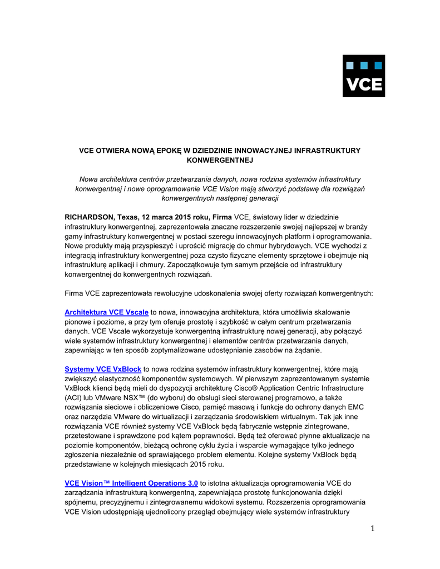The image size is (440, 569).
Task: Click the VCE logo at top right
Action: [363, 76]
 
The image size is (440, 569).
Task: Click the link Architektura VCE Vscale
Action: [106, 313]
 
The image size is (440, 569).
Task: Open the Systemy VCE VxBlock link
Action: [103, 370]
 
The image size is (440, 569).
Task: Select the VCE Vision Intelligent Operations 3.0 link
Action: [131, 483]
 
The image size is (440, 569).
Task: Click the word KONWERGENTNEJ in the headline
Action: [219, 160]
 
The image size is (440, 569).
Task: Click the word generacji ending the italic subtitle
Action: [262, 198]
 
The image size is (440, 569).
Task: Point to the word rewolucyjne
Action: [161, 292]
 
